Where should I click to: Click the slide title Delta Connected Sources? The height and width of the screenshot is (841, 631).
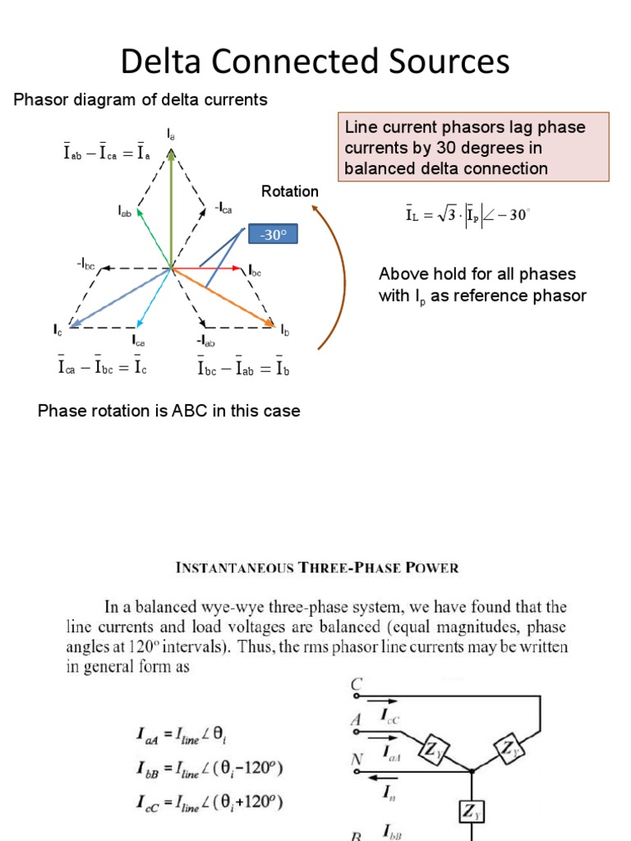pyautogui.click(x=315, y=62)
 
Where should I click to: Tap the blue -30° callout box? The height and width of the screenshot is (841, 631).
pyautogui.click(x=272, y=236)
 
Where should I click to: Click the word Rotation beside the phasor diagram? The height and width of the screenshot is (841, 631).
pyautogui.click(x=290, y=191)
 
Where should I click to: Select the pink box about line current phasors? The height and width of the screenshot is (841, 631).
pyautogui.click(x=475, y=148)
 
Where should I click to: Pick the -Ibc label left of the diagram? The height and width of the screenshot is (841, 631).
pyautogui.click(x=86, y=264)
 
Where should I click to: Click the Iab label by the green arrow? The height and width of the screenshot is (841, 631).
pyautogui.click(x=124, y=211)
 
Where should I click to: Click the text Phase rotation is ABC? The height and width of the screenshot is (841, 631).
pyautogui.click(x=168, y=411)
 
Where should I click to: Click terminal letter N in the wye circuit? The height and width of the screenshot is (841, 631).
pyautogui.click(x=357, y=760)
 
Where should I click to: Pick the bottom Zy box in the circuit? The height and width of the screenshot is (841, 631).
pyautogui.click(x=472, y=812)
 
